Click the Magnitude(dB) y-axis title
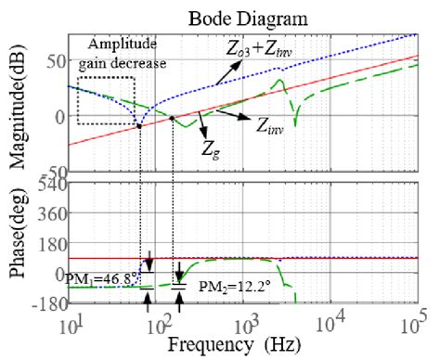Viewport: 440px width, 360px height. pyautogui.click(x=17, y=103)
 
